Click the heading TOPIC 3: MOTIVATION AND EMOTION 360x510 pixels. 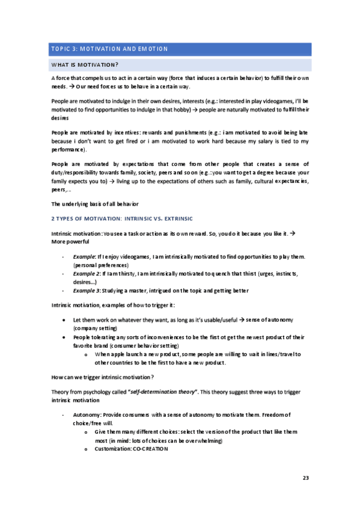click(x=109, y=49)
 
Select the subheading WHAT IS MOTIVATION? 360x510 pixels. click(x=85, y=64)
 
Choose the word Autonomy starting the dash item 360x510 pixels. click(x=87, y=414)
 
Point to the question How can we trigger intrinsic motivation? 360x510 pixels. click(x=102, y=377)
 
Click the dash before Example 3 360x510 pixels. click(x=63, y=290)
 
